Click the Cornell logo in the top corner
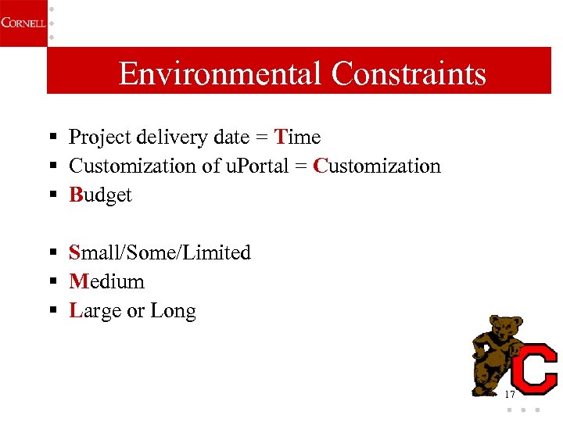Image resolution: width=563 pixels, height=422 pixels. (22, 23)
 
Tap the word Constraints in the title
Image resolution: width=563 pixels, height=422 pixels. (408, 74)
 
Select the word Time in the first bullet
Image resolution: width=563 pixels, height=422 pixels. (298, 138)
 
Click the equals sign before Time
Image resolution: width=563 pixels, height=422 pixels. (263, 138)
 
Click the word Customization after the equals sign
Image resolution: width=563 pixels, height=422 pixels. (377, 166)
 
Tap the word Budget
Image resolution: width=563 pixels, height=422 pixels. (101, 195)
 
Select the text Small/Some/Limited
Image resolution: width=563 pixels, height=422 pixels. (160, 253)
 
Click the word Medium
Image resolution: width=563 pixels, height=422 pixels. (106, 281)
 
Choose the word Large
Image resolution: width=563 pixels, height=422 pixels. (95, 311)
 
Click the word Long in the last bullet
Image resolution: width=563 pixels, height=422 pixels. (173, 311)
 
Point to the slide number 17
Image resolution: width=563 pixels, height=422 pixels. (510, 395)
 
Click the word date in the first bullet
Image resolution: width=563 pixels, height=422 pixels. (231, 138)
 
